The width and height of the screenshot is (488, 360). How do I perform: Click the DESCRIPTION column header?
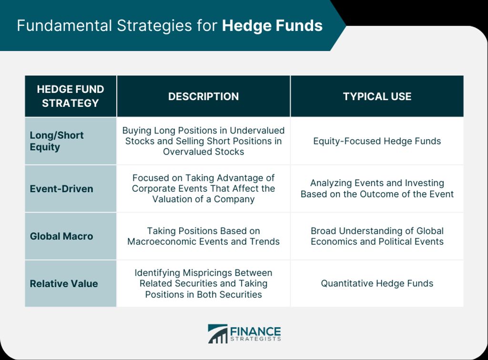pyautogui.click(x=203, y=96)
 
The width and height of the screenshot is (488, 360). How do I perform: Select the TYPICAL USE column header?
pyautogui.click(x=377, y=96)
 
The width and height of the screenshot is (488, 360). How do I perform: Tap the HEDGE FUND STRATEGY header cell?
pyautogui.click(x=71, y=96)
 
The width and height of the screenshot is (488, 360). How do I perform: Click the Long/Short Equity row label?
pyautogui.click(x=57, y=141)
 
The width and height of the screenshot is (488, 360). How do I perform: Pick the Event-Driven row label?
pyautogui.click(x=61, y=189)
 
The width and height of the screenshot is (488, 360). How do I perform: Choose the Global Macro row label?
pyautogui.click(x=61, y=236)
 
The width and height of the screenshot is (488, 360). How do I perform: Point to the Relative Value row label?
pyautogui.click(x=64, y=284)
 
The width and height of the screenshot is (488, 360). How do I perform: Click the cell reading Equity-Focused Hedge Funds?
pyautogui.click(x=377, y=141)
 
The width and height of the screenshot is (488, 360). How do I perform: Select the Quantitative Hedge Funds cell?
pyautogui.click(x=377, y=283)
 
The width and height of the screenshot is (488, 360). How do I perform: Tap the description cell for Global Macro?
pyautogui.click(x=203, y=236)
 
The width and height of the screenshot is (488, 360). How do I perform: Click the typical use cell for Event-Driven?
pyautogui.click(x=377, y=188)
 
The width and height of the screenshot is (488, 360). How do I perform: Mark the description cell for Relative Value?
pyautogui.click(x=203, y=283)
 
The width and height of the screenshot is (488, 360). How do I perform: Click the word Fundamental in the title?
pyautogui.click(x=64, y=26)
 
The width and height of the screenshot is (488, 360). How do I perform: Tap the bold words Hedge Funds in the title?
pyautogui.click(x=272, y=26)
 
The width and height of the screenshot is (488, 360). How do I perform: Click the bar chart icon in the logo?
pyautogui.click(x=217, y=334)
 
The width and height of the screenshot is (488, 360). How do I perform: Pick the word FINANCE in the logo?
pyautogui.click(x=255, y=331)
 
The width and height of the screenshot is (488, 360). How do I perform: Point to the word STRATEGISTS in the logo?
pyautogui.click(x=255, y=339)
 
